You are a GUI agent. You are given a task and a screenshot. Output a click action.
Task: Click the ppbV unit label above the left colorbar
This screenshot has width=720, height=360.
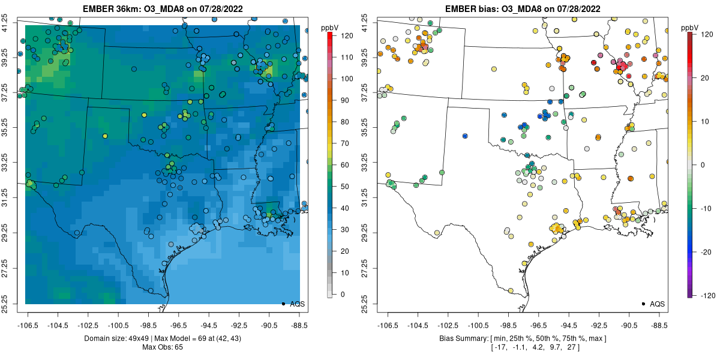point(331,28)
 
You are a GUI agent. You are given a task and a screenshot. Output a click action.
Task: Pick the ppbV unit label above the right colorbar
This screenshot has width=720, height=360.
point(690,28)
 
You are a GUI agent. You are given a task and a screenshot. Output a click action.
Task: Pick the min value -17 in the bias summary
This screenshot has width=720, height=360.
point(500,347)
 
